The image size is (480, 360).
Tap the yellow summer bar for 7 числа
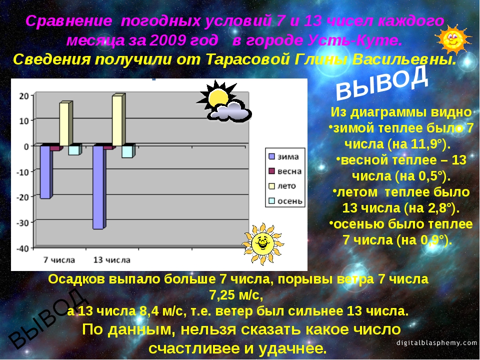click(66, 123)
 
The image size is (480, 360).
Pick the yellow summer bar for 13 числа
click(119, 119)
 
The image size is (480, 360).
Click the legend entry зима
click(283, 156)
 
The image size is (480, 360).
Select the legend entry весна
click(285, 171)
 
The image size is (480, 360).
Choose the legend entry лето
click(282, 186)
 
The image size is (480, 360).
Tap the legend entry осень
click(285, 201)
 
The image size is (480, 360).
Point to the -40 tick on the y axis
click(22, 248)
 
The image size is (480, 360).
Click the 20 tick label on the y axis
click(24, 96)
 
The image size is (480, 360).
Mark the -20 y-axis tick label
click(22, 197)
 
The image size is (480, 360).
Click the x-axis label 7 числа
click(59, 260)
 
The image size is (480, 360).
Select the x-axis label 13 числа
click(111, 260)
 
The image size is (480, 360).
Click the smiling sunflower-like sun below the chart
click(262, 243)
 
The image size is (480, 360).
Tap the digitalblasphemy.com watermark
click(437, 342)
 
